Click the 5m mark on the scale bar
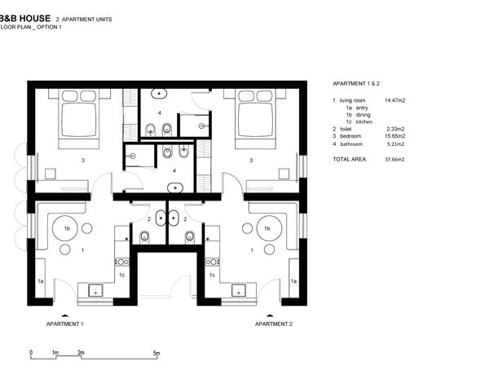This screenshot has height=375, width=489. pos(156,353)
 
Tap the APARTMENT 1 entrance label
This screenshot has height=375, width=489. pos(65,324)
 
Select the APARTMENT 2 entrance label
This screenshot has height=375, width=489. pos(274,324)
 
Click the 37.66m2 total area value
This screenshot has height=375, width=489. pos(394,159)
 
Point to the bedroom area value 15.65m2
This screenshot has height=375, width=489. pos(395,136)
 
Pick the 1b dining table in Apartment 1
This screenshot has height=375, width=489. pos(64,228)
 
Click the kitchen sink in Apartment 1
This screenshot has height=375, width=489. pos(96,290)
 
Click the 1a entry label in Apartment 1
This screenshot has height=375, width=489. pos(41,281)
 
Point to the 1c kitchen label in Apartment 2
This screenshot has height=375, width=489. pos(212,276)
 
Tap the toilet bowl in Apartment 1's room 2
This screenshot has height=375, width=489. pos(144,237)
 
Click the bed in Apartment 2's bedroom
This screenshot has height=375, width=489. pos(256,118)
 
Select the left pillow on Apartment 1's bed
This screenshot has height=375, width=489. pos(70,95)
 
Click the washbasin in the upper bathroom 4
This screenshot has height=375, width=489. pos(159,93)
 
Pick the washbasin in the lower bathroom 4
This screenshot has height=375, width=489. pos(175,187)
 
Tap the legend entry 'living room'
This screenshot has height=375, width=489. pos(352,100)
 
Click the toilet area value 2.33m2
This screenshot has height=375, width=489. pos(395,129)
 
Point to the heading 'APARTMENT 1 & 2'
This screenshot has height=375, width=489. pos(356,84)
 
